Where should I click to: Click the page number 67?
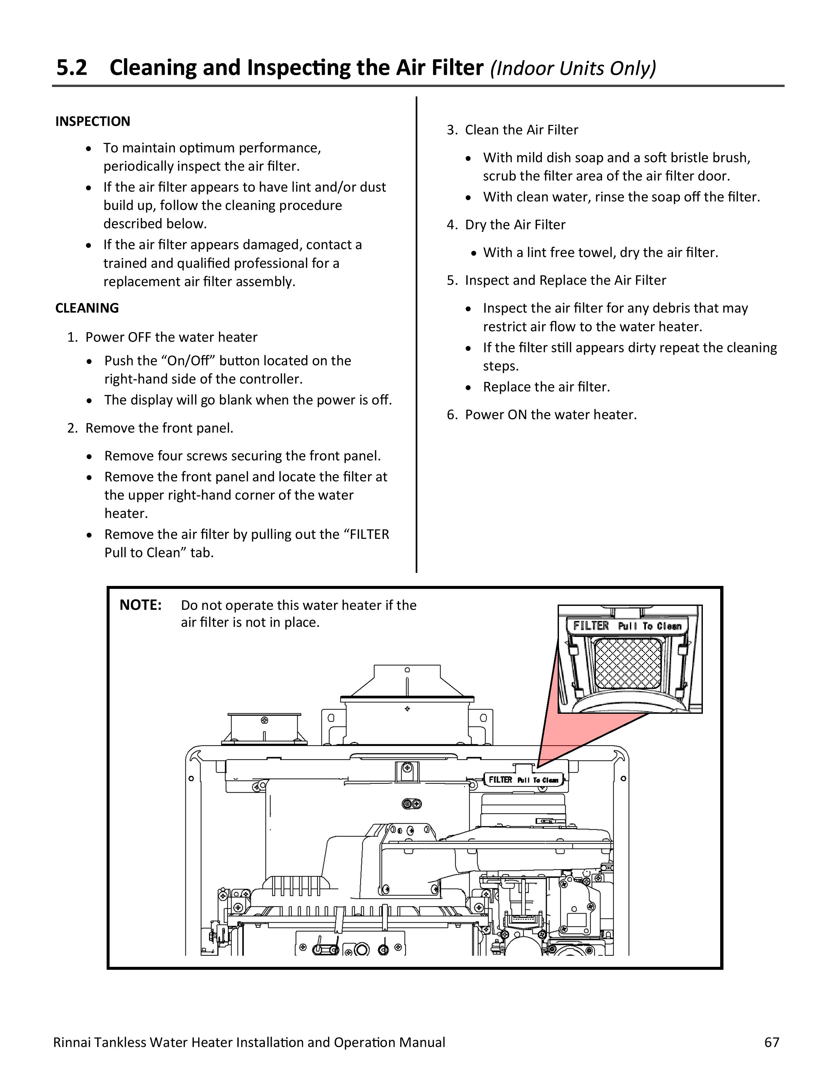[771, 1042]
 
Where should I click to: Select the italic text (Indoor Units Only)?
[573, 69]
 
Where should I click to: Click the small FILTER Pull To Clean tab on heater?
[523, 779]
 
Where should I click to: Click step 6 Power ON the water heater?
[550, 415]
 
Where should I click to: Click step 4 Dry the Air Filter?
[514, 225]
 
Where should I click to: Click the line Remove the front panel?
[159, 428]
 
